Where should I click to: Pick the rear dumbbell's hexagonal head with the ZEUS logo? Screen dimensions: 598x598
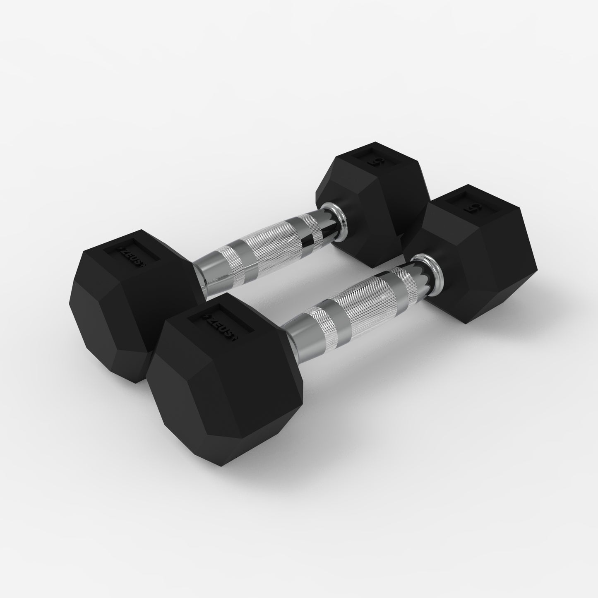pos(124,298)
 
